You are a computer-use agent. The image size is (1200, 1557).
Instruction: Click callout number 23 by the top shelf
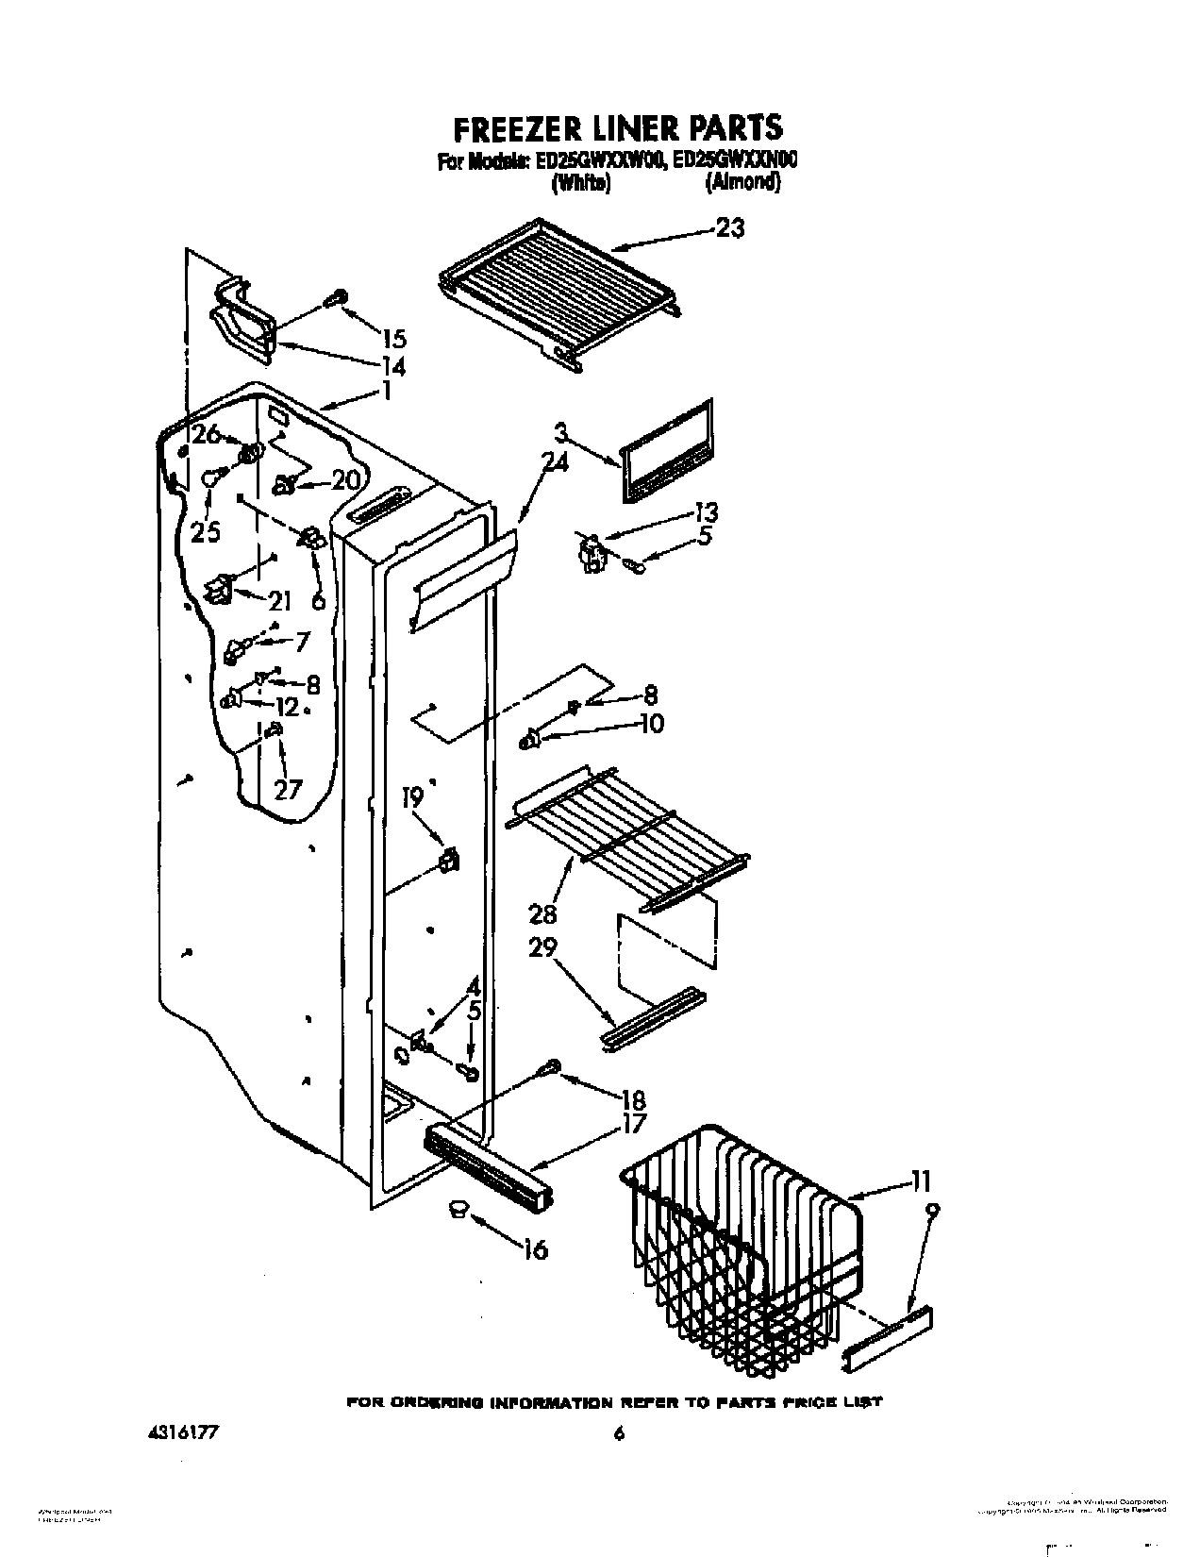click(729, 228)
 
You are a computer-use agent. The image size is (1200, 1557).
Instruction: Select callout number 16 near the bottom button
click(534, 1250)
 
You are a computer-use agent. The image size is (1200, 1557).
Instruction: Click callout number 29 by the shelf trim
click(542, 946)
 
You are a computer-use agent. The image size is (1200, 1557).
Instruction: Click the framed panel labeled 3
click(666, 449)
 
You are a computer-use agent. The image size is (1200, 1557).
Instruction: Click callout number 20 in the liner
click(346, 480)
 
